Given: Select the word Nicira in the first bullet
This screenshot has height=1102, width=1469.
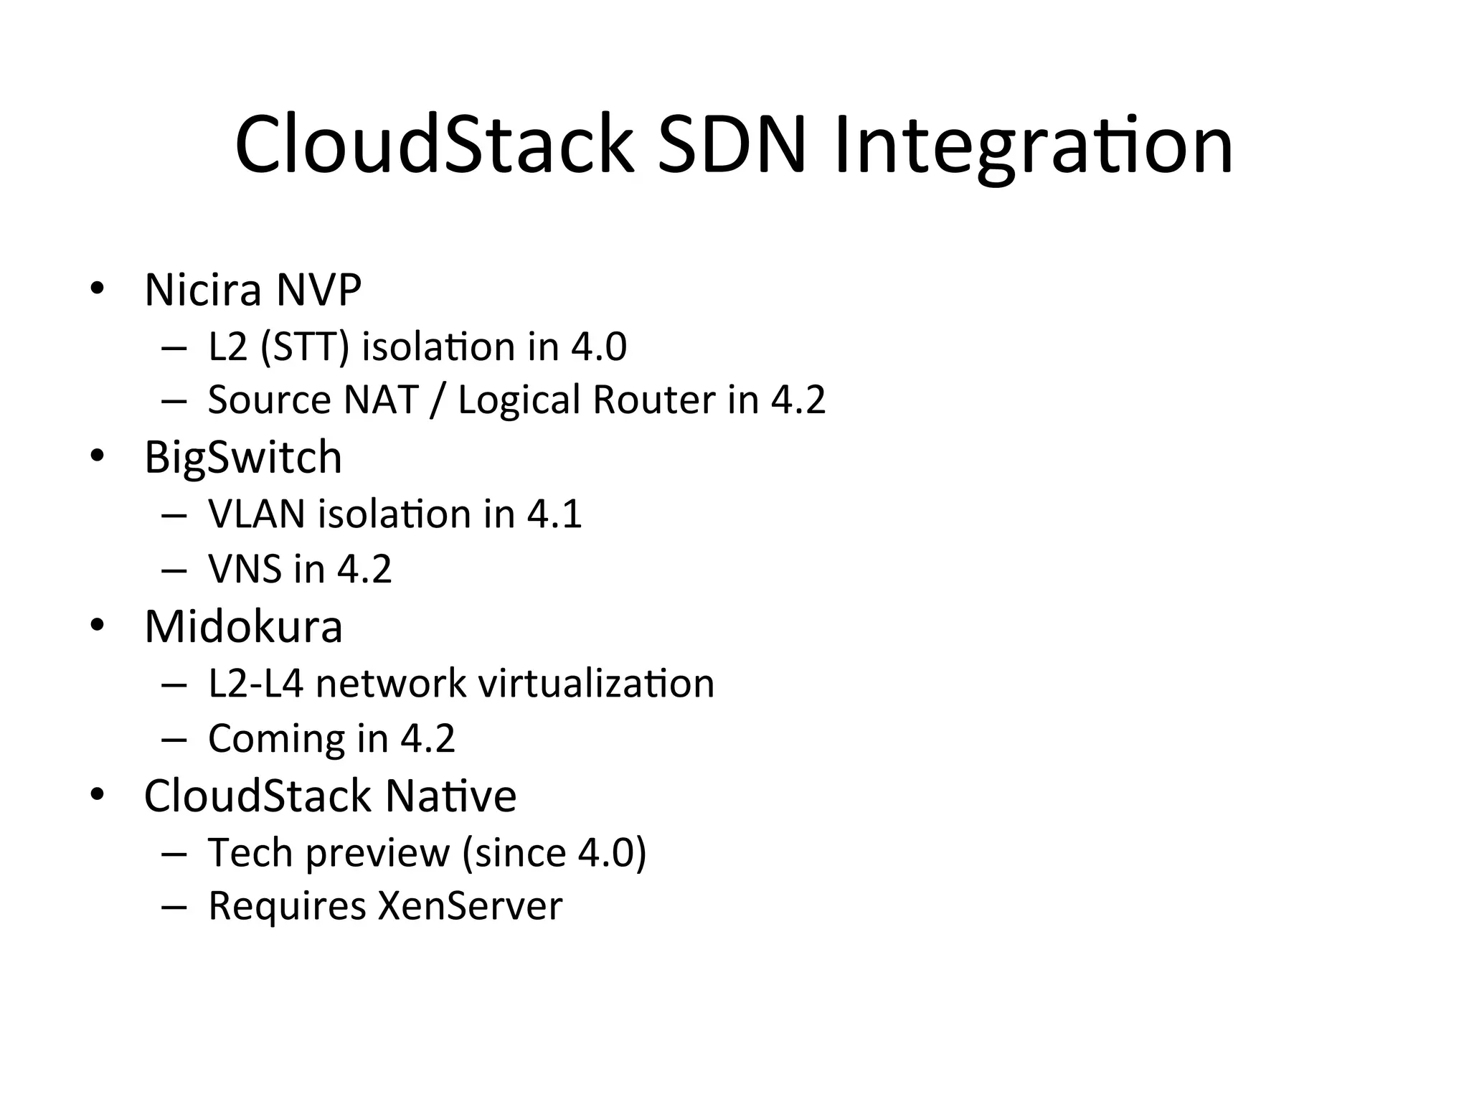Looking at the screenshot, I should pos(203,290).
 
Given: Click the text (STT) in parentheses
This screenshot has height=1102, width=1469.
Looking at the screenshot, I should pos(305,347).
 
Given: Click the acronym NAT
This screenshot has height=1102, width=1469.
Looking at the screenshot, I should pos(381,400).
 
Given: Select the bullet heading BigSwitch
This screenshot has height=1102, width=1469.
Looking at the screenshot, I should pos(243,458).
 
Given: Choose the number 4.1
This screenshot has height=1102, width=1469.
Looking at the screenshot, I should pos(554,514).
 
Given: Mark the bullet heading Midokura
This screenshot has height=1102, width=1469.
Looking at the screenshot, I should pos(243,626).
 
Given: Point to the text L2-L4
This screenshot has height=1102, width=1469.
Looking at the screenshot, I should pos(256,683).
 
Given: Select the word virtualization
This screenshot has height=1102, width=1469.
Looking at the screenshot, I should pos(596,683).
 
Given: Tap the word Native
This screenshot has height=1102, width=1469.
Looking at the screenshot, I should pos(450,796).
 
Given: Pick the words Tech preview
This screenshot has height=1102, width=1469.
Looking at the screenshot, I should pos(329,853).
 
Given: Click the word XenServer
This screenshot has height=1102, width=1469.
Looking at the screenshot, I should pos(470,906).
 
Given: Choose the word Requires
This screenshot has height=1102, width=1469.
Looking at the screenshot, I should pos(287,906).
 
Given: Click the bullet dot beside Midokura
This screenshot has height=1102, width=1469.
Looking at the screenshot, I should pos(98,626).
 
